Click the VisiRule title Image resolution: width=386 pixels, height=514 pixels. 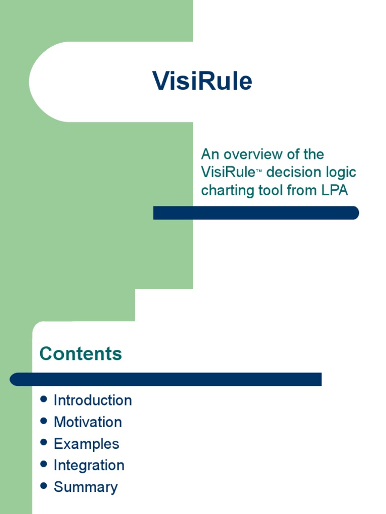click(202, 81)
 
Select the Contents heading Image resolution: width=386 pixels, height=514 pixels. click(80, 354)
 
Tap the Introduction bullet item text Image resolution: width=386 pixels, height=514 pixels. click(92, 401)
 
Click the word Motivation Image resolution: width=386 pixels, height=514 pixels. click(87, 422)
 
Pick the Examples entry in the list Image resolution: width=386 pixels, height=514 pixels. click(86, 444)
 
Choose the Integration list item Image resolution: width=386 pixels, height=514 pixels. click(89, 465)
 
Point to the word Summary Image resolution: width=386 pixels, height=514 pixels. click(85, 487)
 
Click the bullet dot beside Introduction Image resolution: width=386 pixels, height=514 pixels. click(44, 400)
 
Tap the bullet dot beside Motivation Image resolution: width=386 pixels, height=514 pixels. click(44, 421)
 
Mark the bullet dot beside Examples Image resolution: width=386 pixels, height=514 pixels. click(44, 443)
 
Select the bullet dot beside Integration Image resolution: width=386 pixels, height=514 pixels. click(44, 464)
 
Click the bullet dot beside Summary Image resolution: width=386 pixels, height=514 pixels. click(44, 486)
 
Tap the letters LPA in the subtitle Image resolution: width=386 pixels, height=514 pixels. click(333, 191)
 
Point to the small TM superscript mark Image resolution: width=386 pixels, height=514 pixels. click(259, 171)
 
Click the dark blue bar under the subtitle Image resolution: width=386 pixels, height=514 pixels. click(256, 213)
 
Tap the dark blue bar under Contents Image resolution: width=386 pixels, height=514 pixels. click(166, 379)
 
